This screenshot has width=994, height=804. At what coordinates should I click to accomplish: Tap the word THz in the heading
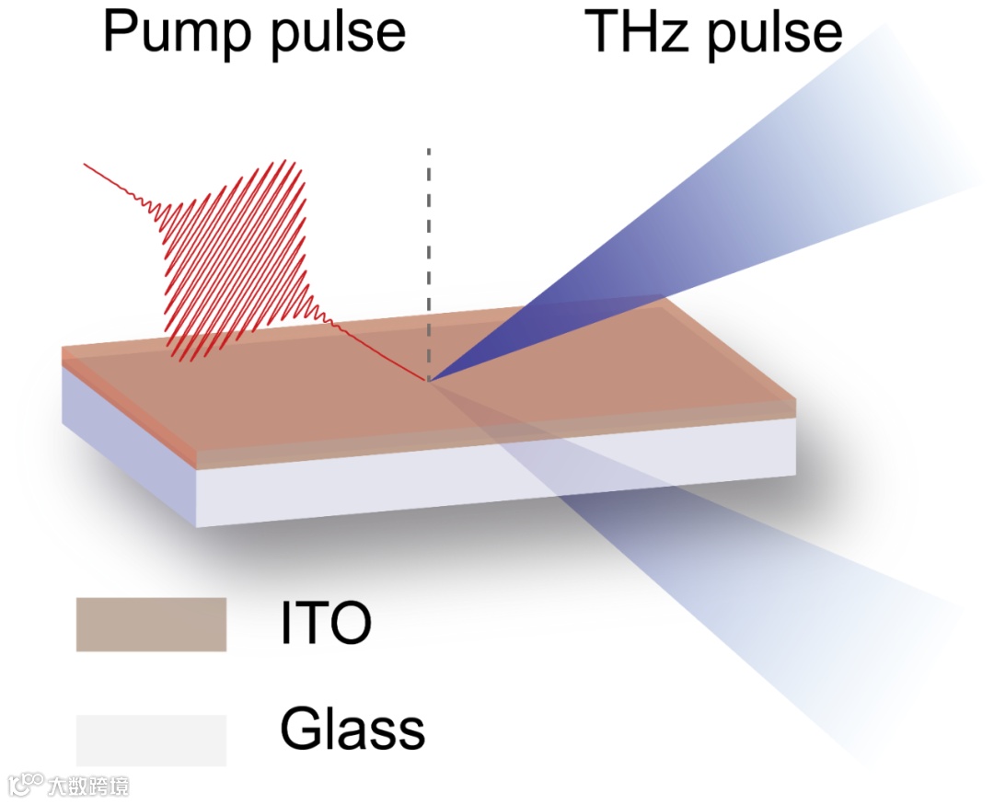[x=643, y=32]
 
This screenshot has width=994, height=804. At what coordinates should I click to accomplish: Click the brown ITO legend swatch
[x=151, y=625]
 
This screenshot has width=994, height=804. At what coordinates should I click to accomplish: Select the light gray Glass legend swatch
[x=151, y=740]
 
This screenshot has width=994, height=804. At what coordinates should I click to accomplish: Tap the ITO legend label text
[x=326, y=624]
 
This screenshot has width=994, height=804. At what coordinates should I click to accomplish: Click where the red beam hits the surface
[x=428, y=379]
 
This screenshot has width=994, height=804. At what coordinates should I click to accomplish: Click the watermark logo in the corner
[x=26, y=785]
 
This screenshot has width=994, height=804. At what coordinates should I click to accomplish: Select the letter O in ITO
[x=350, y=624]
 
